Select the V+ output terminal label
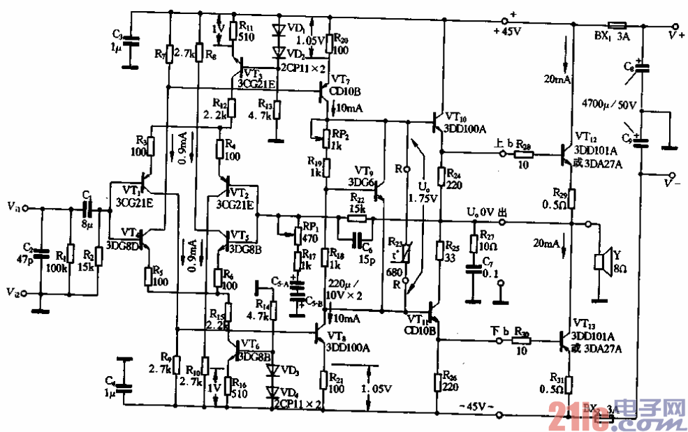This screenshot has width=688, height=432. tap(675, 33)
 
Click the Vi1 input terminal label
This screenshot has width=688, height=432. tap(15, 207)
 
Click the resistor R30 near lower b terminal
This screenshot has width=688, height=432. tap(521, 341)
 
